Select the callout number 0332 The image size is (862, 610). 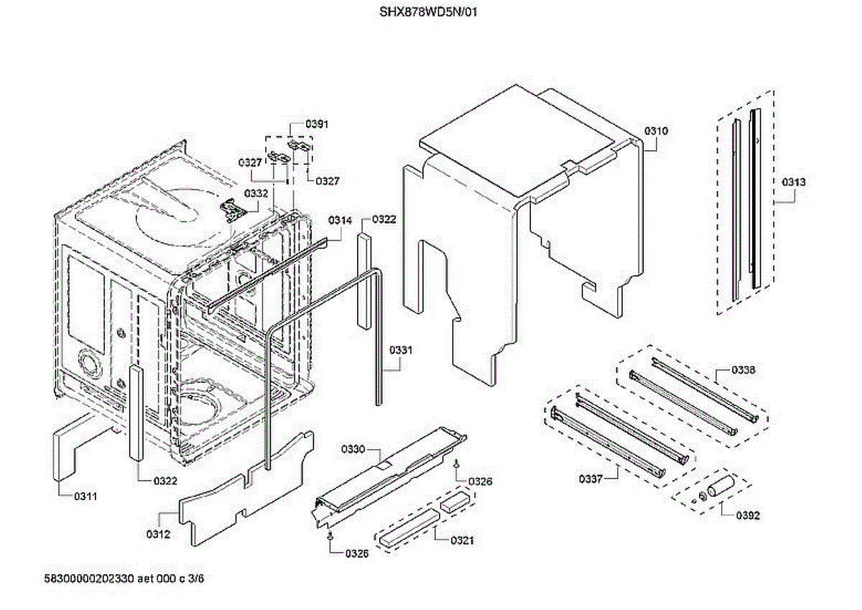(x=256, y=193)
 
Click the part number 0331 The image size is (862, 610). (x=402, y=350)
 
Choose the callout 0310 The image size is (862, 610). (x=656, y=131)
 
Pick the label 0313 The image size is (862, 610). (x=794, y=182)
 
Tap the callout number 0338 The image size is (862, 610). (x=743, y=369)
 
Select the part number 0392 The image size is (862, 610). (x=748, y=515)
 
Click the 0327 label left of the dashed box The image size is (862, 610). (x=251, y=163)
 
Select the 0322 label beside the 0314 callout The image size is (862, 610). (x=384, y=219)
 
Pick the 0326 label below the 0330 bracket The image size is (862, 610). (x=357, y=553)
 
